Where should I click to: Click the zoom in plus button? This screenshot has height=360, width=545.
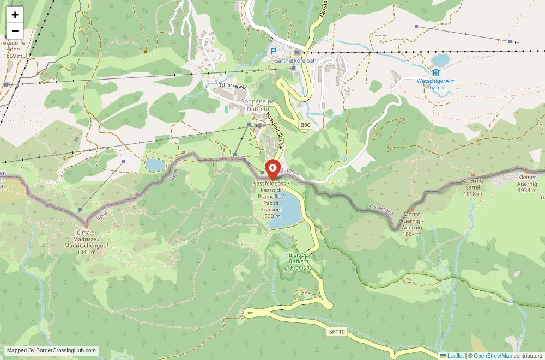tap(15, 15)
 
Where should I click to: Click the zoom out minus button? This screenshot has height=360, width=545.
tap(15, 31)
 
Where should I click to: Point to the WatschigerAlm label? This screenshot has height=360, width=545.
tap(435, 80)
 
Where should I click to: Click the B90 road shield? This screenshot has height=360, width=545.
tap(305, 125)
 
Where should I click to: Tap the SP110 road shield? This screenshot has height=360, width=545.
tap(337, 331)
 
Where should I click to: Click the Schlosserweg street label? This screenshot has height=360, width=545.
tap(233, 86)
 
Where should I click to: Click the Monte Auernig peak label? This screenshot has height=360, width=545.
tap(411, 224)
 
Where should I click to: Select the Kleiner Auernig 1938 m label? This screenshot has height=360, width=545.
tap(527, 184)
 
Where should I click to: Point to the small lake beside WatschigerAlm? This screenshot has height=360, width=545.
tap(440, 59)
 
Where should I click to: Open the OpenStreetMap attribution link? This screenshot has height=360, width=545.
tap(493, 356)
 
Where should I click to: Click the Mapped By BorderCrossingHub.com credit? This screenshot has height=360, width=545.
tap(52, 351)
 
